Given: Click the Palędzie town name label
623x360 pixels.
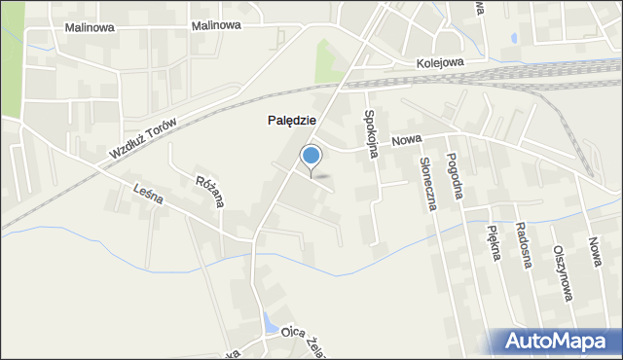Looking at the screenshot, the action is (x=290, y=121).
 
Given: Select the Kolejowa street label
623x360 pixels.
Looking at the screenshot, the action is (x=440, y=61).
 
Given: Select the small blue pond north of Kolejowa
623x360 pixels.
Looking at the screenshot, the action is (x=512, y=40).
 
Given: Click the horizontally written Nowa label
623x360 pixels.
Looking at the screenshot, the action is (x=406, y=141).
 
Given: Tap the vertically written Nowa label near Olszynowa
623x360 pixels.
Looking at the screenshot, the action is (x=594, y=251).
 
